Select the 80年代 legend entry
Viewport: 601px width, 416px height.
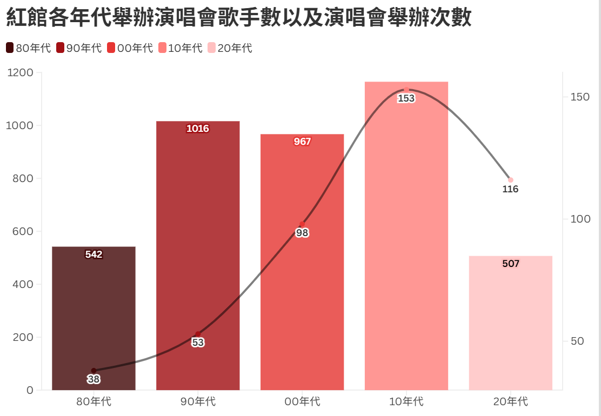tap(29, 48)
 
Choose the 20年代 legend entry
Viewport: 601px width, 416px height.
tap(230, 48)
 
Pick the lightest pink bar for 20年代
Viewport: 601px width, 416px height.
tap(510, 324)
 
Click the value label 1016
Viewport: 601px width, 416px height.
tap(198, 129)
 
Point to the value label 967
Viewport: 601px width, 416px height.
tap(302, 142)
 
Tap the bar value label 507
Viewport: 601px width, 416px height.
tap(510, 264)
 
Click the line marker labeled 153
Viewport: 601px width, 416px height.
tap(406, 90)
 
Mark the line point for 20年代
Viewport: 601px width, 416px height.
tap(510, 180)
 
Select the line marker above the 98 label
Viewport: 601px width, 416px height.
tap(302, 224)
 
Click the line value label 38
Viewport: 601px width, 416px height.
tap(94, 379)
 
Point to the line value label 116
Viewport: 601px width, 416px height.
tap(510, 189)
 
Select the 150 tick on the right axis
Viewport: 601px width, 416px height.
tap(580, 97)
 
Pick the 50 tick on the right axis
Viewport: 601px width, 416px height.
tap(577, 341)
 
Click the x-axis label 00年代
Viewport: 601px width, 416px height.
tap(302, 402)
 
